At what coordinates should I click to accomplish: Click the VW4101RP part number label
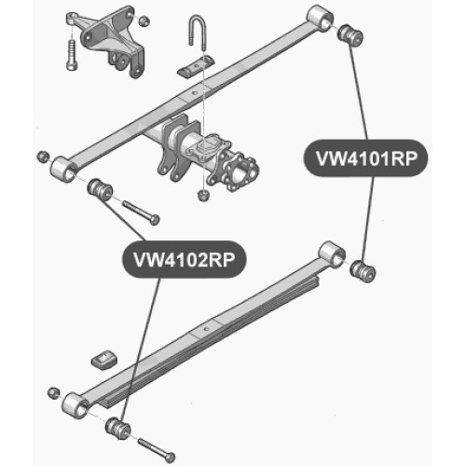[365, 158]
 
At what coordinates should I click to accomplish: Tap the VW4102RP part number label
[184, 259]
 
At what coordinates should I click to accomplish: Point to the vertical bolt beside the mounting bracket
[72, 55]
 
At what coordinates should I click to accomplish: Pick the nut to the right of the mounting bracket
[144, 21]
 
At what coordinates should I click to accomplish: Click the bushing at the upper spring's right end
[350, 35]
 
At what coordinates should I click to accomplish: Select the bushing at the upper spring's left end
[100, 189]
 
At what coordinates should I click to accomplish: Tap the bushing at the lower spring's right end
[363, 271]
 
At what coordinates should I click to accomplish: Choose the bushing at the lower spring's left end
[118, 429]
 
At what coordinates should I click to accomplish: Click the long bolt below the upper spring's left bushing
[141, 212]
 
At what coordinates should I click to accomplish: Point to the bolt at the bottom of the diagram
[157, 450]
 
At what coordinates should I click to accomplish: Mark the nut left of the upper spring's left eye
[43, 157]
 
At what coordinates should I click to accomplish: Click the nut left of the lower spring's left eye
[54, 393]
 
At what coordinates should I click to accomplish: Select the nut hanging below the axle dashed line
[203, 196]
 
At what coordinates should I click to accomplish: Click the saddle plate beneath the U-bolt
[196, 66]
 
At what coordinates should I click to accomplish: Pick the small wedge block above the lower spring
[104, 360]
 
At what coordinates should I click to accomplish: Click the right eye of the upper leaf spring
[320, 18]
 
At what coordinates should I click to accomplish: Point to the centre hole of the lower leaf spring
[205, 329]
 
